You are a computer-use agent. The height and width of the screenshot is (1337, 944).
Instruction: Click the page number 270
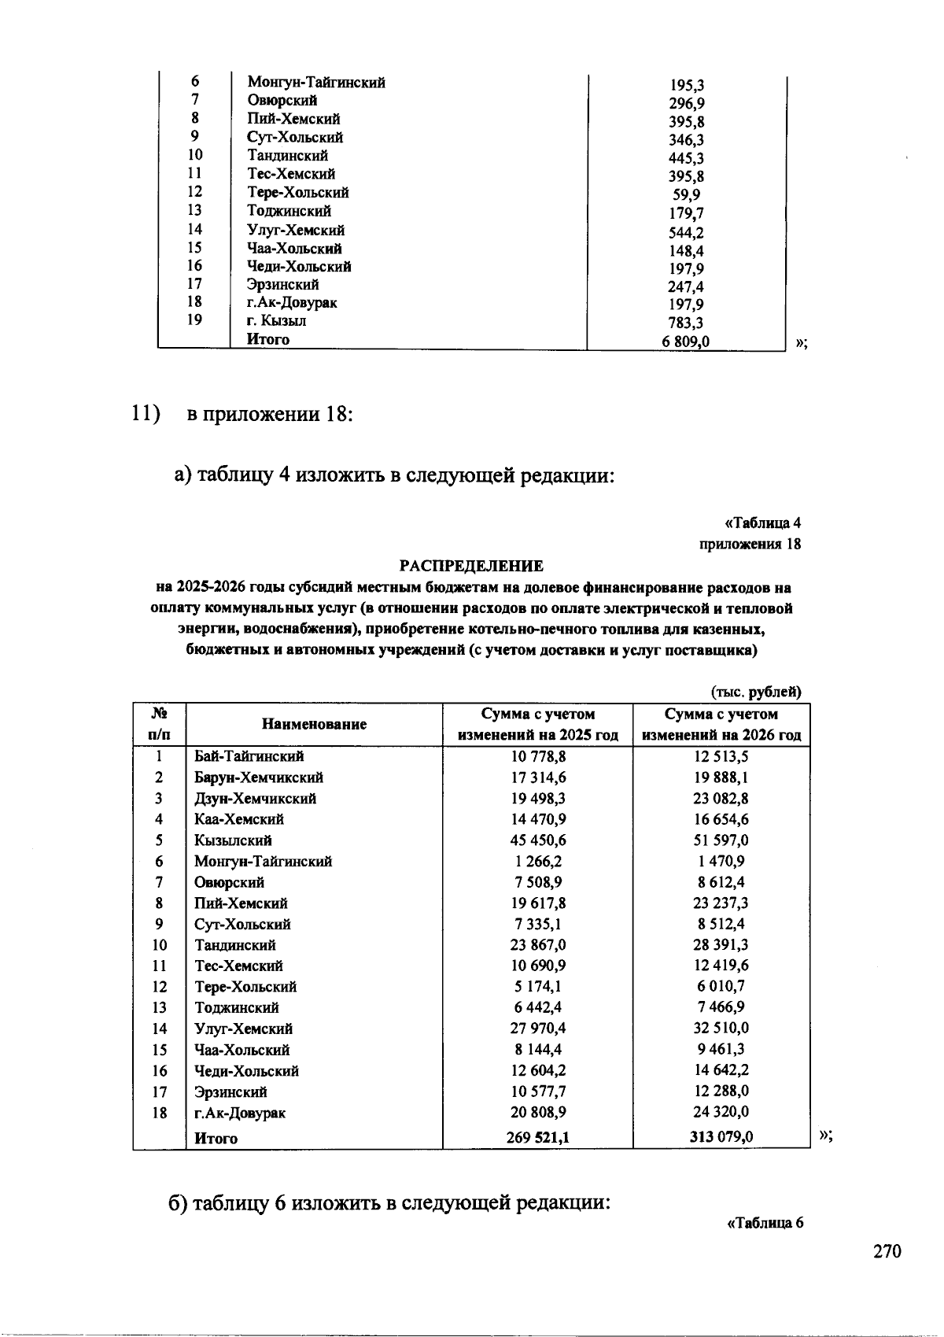tap(887, 1252)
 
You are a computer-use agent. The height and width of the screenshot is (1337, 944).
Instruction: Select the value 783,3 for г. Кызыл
tap(686, 323)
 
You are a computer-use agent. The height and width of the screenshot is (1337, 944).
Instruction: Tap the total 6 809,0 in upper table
tap(686, 342)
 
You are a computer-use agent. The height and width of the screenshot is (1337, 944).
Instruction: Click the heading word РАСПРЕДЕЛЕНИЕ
tap(471, 566)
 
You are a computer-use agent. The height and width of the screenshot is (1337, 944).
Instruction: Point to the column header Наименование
tap(314, 724)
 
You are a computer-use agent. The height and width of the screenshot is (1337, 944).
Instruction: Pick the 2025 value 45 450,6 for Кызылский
tap(538, 840)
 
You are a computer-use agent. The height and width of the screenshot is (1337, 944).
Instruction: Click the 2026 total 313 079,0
tap(721, 1137)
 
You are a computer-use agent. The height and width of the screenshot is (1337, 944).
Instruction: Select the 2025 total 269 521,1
tap(538, 1137)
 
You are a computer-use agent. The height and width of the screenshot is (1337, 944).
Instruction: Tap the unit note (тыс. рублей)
tap(756, 692)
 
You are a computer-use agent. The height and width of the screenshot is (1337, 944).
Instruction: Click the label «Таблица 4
tap(761, 523)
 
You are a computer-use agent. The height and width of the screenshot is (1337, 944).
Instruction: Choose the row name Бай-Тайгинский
tap(249, 756)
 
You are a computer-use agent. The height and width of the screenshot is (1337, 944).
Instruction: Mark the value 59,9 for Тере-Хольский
tap(686, 194)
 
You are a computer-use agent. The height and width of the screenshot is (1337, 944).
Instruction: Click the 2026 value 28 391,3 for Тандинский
tap(721, 945)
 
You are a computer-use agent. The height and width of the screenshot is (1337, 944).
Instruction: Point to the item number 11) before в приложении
tap(146, 413)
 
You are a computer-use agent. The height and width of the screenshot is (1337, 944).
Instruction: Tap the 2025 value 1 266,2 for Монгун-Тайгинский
tap(538, 862)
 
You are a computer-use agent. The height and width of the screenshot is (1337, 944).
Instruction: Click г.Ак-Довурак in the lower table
tap(240, 1113)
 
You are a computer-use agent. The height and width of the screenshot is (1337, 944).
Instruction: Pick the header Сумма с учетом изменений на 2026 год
tap(721, 724)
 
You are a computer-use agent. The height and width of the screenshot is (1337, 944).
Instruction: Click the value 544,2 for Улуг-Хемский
tap(686, 232)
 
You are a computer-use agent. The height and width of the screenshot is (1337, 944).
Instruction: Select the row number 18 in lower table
tap(160, 1113)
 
